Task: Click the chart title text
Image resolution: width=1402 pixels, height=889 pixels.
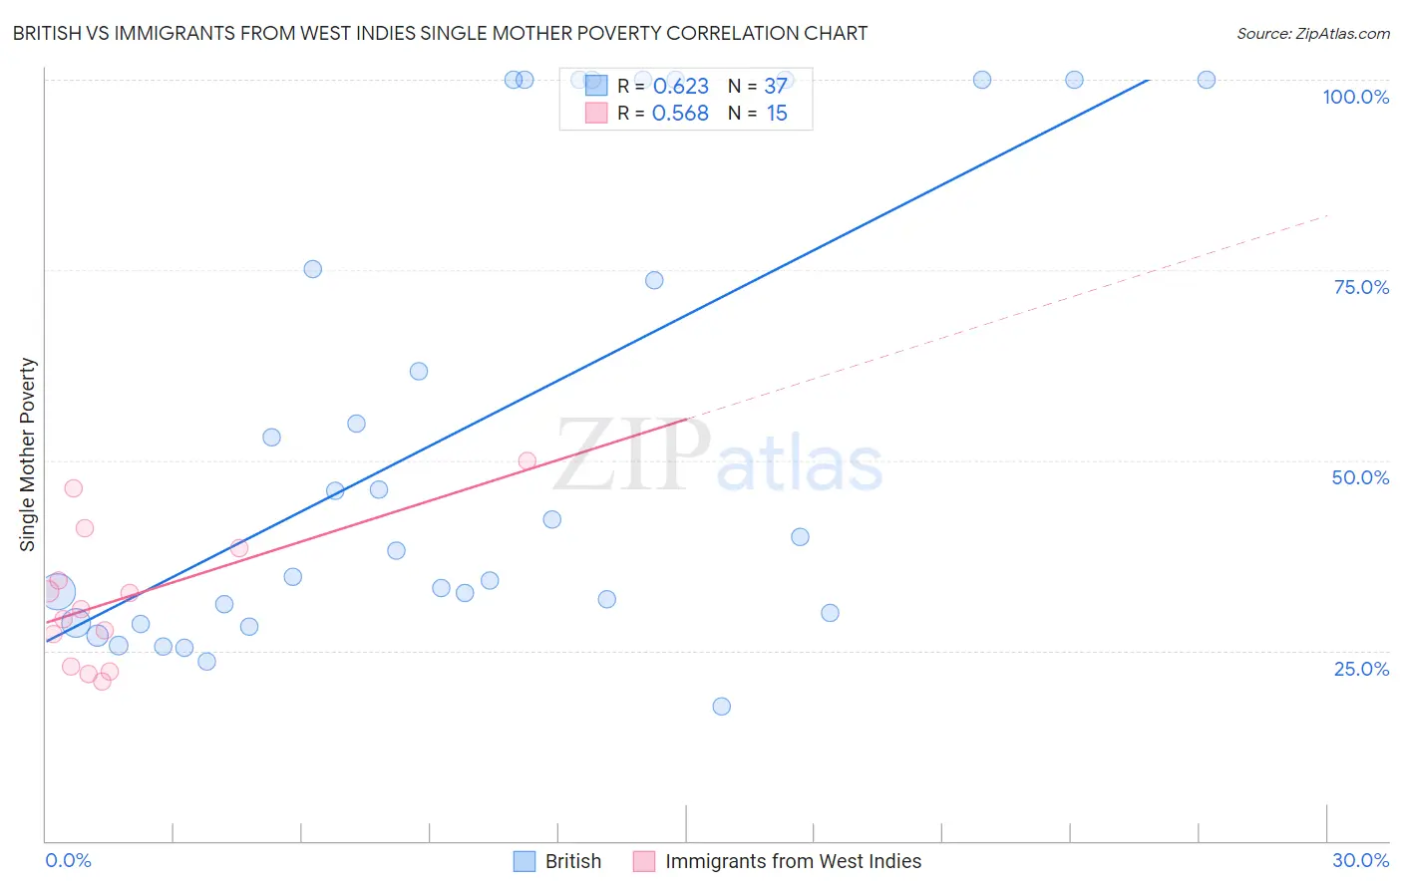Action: pyautogui.click(x=440, y=33)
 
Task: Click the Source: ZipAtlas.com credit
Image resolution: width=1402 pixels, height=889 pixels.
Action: pyautogui.click(x=1312, y=33)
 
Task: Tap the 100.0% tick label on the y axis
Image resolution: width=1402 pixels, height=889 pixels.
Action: pyautogui.click(x=1355, y=97)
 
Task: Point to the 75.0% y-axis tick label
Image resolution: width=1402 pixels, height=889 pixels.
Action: pyautogui.click(x=1361, y=287)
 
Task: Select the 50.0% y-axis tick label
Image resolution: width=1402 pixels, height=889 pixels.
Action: pyautogui.click(x=1360, y=477)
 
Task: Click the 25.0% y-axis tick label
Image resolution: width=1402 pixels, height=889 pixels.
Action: pyautogui.click(x=1361, y=669)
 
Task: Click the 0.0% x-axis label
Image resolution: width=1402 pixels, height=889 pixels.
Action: pyautogui.click(x=68, y=860)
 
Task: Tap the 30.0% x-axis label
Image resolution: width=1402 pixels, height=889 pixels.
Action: pyautogui.click(x=1360, y=860)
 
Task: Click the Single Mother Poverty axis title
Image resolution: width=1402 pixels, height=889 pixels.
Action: pyautogui.click(x=28, y=454)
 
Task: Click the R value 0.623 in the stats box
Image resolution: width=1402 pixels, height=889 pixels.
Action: pyautogui.click(x=680, y=86)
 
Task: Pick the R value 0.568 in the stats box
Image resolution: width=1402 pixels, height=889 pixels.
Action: pyautogui.click(x=680, y=114)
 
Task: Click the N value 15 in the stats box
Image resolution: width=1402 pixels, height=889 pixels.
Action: pyautogui.click(x=777, y=114)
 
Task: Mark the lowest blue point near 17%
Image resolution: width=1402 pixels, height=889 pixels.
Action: pyautogui.click(x=722, y=707)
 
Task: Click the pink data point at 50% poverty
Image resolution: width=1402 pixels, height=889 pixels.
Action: pyautogui.click(x=527, y=461)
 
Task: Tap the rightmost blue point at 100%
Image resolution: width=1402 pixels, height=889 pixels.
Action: pyautogui.click(x=1207, y=80)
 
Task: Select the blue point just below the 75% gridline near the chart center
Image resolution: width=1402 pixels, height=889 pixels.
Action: pyautogui.click(x=654, y=280)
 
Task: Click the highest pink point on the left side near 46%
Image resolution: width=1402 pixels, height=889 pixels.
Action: pyautogui.click(x=74, y=488)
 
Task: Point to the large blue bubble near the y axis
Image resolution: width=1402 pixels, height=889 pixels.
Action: pyautogui.click(x=58, y=592)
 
